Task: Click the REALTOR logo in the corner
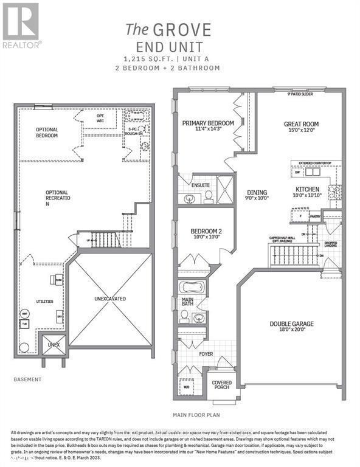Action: [21, 25]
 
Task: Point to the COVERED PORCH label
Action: [221, 386]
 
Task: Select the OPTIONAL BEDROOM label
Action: [47, 133]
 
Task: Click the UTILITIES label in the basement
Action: [44, 301]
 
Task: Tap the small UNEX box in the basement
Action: [52, 344]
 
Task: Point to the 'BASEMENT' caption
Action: [27, 379]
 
